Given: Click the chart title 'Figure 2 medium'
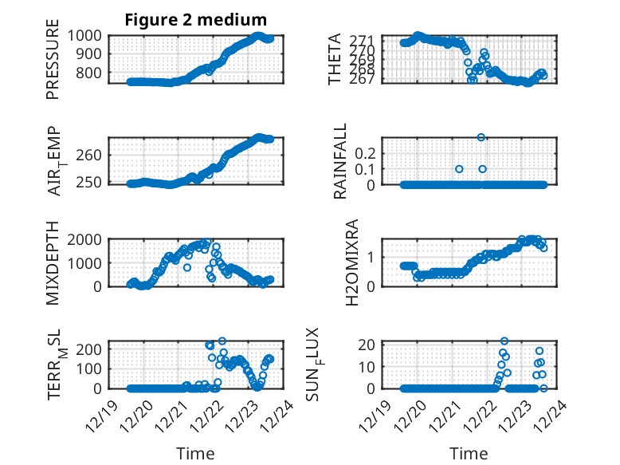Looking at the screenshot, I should (195, 19).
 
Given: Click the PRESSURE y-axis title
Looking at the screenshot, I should (53, 64).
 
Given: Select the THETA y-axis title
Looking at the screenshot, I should (335, 59).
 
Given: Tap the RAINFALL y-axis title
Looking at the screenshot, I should (340, 161).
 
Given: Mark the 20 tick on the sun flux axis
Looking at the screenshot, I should (368, 345).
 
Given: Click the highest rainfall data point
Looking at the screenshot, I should (481, 137).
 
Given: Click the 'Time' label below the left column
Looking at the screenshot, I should (195, 454).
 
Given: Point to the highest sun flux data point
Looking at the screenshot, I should (504, 341).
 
